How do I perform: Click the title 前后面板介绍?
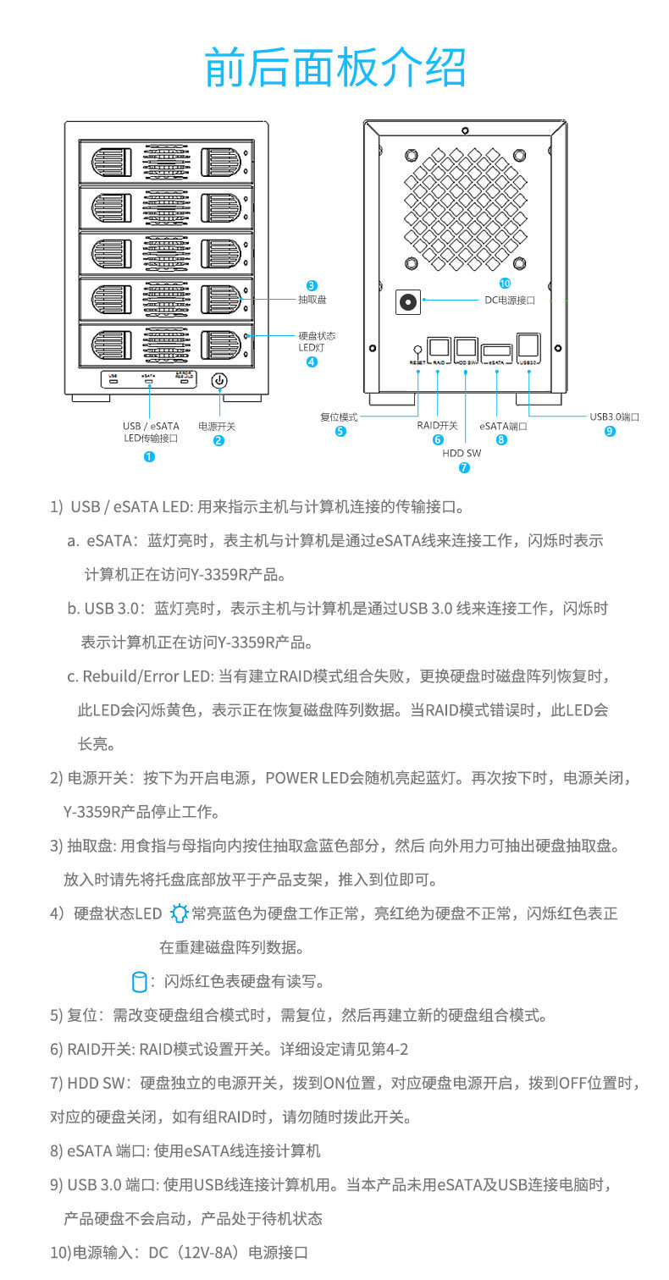pos(335,68)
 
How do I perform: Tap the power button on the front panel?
pos(219,380)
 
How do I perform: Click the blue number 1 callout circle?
pos(150,456)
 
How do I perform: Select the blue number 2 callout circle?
pos(218,440)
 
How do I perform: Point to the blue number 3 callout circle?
pos(312,286)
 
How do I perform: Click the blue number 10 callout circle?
pos(506,283)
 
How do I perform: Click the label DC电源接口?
pos(510,300)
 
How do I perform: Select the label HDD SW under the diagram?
pos(462,453)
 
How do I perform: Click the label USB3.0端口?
pos(614,417)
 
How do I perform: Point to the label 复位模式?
pos(339,417)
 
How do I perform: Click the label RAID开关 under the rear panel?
pos(437,426)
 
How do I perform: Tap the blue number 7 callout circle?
pos(464,467)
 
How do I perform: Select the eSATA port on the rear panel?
pos(496,350)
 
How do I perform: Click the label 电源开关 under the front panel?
pos(217,426)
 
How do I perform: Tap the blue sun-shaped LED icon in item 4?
pos(179,913)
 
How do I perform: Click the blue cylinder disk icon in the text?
pos(139,982)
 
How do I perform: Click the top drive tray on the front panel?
pos(165,161)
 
